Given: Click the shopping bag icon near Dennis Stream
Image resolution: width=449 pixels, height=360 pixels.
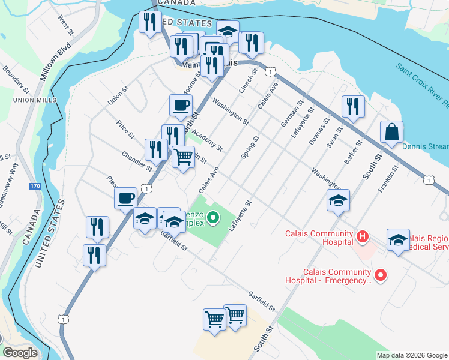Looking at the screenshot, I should (391, 133).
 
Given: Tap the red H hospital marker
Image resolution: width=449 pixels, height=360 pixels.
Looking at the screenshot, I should (362, 237).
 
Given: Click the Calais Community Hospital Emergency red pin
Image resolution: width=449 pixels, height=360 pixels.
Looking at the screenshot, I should (379, 275).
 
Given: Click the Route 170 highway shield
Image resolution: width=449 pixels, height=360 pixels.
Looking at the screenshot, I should (35, 187).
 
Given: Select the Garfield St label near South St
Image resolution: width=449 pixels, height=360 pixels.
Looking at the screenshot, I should (261, 301).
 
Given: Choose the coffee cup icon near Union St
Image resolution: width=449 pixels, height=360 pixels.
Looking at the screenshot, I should (181, 107).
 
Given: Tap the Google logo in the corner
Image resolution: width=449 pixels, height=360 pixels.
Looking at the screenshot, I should (20, 353).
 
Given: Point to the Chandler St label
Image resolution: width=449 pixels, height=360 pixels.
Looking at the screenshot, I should (136, 161).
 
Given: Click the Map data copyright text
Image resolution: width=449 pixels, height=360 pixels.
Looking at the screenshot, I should (411, 355).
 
